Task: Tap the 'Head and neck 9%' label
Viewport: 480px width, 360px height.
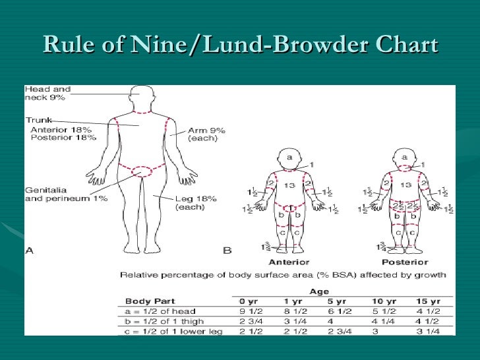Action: click(x=47, y=93)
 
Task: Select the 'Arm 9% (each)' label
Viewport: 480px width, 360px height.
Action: click(x=206, y=135)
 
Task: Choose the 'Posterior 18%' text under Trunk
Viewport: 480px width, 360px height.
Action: click(x=63, y=138)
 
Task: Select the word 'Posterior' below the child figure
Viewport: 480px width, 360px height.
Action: click(x=404, y=261)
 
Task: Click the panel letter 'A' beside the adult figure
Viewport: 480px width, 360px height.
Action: click(x=30, y=250)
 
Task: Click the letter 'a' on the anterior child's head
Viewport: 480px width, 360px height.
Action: click(x=288, y=157)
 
